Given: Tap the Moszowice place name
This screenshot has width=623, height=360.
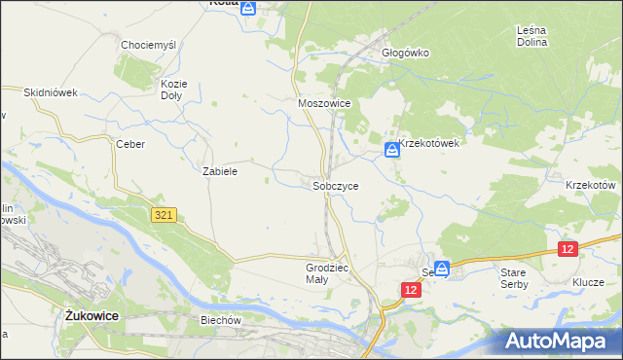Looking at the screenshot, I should [x=323, y=102].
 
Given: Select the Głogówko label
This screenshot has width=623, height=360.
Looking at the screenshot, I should [x=406, y=54].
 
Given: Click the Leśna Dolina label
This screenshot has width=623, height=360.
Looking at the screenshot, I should [x=531, y=36].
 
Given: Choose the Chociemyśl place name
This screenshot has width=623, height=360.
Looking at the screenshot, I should [x=147, y=45].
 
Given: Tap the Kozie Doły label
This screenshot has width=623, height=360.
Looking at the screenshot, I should [x=172, y=90].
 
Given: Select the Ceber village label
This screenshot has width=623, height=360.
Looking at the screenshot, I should [x=130, y=144].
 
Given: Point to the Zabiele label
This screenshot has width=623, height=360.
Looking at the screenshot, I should [x=220, y=170].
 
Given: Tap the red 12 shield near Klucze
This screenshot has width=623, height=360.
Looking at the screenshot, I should [x=568, y=249].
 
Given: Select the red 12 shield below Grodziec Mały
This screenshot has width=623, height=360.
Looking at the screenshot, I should [x=411, y=290].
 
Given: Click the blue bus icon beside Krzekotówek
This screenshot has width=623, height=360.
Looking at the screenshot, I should [x=391, y=150].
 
